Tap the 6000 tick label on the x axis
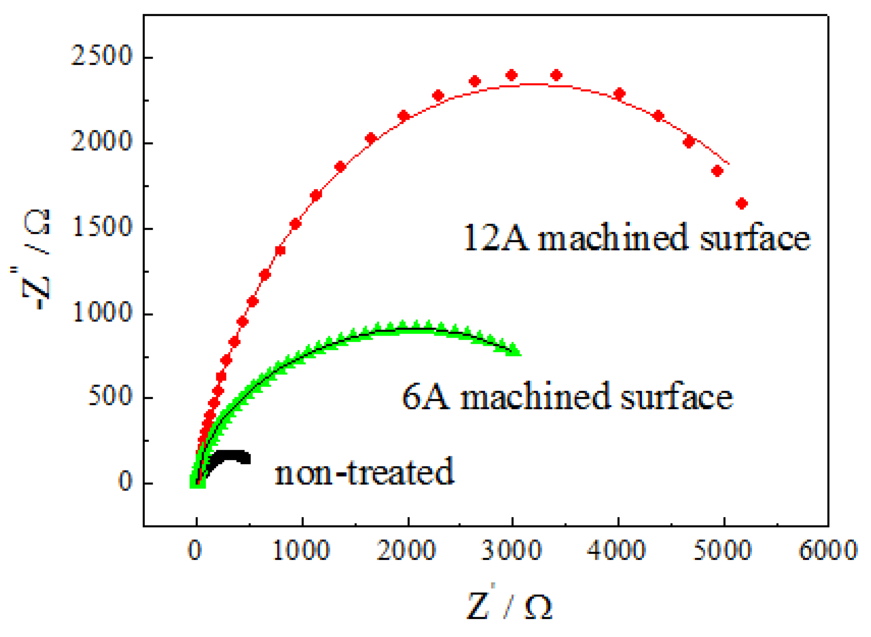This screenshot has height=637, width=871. [x=828, y=550]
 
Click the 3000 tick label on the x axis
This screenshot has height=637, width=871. [x=512, y=550]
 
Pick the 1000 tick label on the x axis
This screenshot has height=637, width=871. [x=301, y=550]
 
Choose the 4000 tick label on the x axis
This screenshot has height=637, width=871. [x=617, y=550]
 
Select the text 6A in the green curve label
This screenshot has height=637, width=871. [x=426, y=396]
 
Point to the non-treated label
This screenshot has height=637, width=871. [x=364, y=471]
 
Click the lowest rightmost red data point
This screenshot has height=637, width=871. [x=741, y=203]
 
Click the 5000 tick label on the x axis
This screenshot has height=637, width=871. [x=722, y=550]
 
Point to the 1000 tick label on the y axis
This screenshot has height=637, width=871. [x=102, y=312]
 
